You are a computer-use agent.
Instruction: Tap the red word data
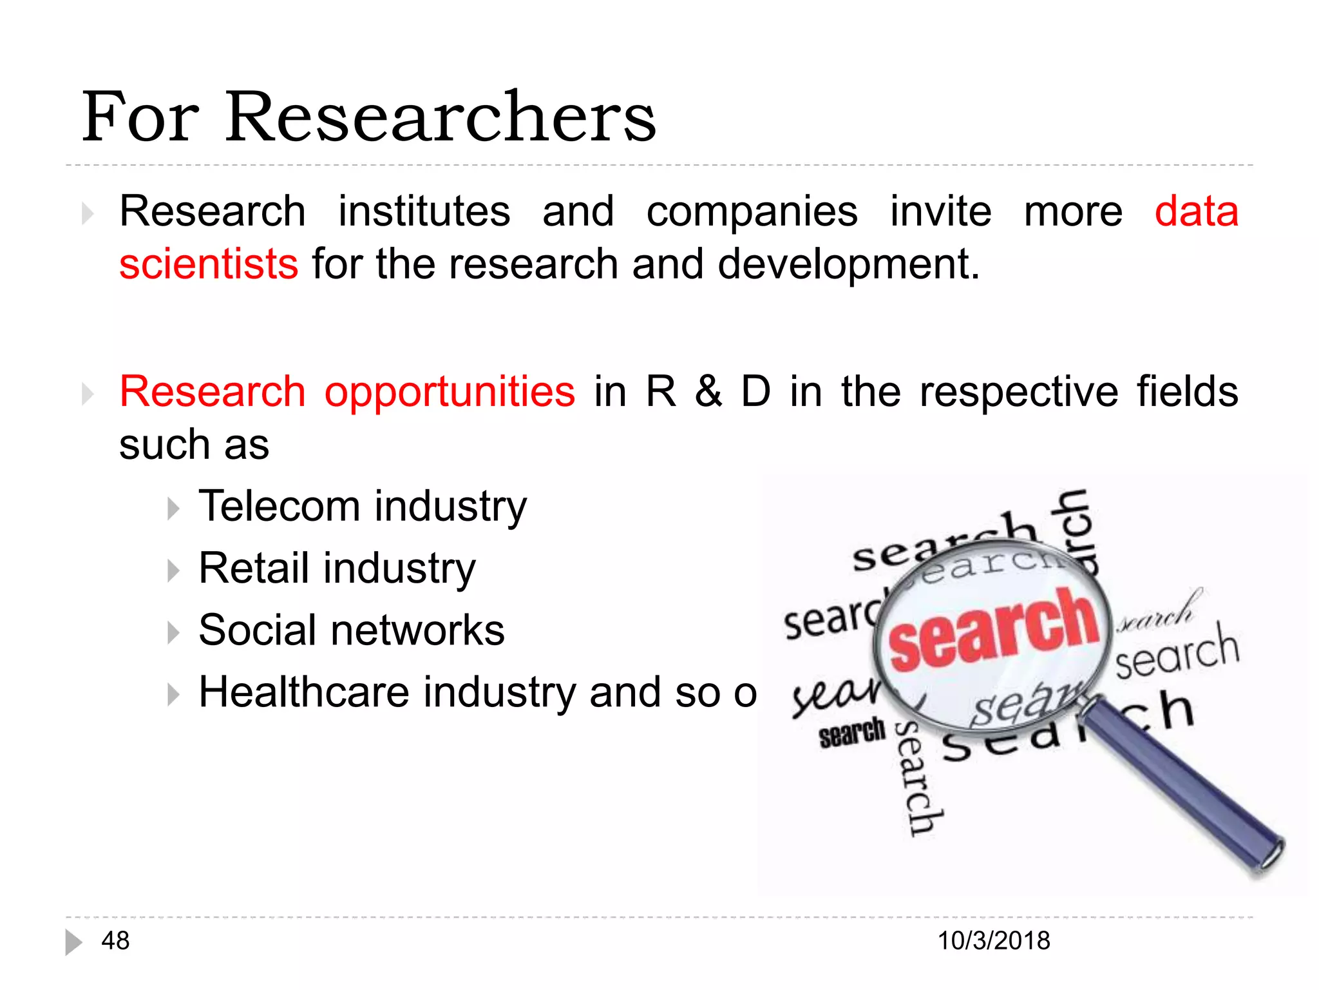1196,211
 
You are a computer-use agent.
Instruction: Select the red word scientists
209,264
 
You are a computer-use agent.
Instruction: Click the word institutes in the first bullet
424,211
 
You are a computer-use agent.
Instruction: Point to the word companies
752,213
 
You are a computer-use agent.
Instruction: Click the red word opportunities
450,392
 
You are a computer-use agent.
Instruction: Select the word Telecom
279,506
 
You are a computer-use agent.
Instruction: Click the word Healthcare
304,692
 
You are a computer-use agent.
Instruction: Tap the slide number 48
115,941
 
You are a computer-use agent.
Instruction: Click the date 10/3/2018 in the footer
994,941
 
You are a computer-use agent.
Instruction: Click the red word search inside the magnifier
994,630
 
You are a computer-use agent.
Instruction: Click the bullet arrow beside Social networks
173,632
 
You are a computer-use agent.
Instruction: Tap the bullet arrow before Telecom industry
173,509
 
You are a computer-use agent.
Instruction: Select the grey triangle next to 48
73,942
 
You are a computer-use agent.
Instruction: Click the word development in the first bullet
848,264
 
